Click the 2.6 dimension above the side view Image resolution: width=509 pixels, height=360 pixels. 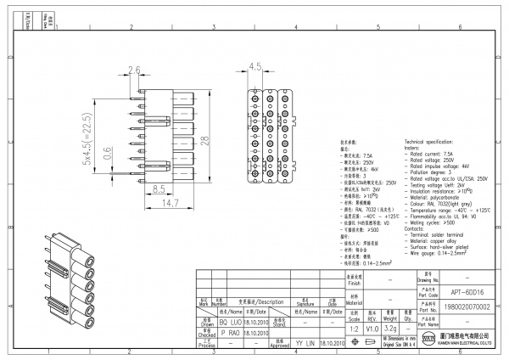[133, 70]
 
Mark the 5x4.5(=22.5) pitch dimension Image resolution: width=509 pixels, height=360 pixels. [87, 139]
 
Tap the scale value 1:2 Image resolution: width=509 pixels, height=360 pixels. [354, 327]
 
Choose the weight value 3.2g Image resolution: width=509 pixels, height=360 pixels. [390, 327]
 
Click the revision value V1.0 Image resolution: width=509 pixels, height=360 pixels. [372, 327]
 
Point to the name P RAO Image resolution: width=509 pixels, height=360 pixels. [230, 335]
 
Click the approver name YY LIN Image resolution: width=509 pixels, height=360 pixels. [305, 345]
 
